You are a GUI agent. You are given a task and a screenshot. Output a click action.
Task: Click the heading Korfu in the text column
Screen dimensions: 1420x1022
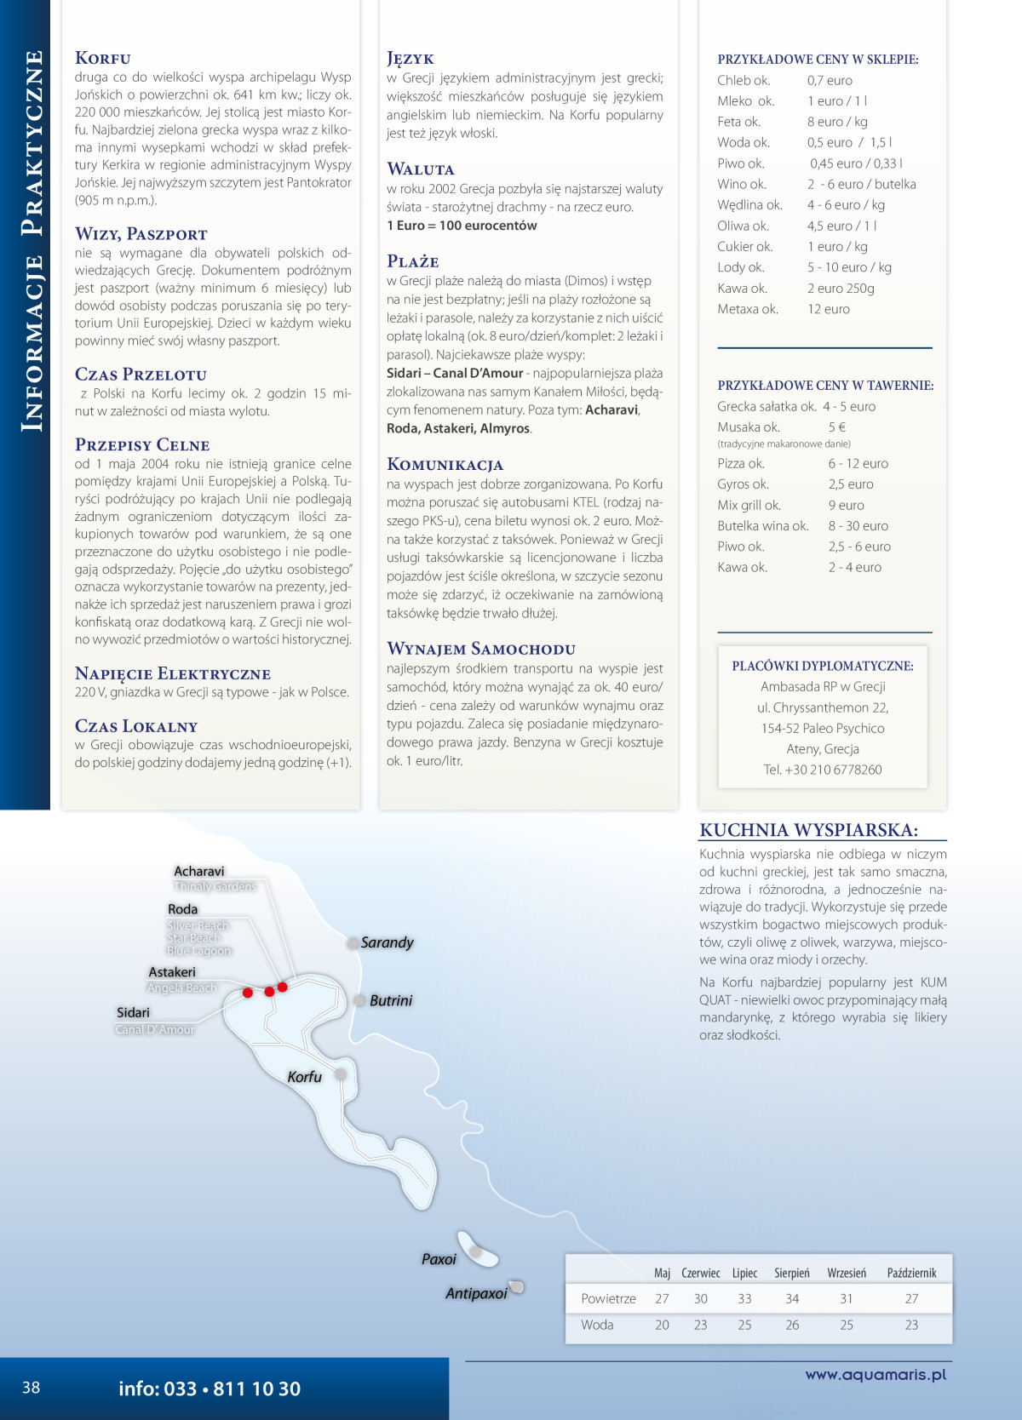[103, 58]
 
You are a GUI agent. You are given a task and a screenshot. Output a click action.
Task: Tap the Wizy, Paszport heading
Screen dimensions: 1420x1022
[141, 234]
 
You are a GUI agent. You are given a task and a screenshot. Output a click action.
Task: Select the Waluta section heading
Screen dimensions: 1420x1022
[421, 169]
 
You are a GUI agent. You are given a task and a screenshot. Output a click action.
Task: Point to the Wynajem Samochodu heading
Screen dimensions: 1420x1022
[481, 649]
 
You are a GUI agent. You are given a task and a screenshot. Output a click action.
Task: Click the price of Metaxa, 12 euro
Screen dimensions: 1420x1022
[829, 309]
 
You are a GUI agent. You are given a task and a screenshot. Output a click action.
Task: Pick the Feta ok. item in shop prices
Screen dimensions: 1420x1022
[739, 122]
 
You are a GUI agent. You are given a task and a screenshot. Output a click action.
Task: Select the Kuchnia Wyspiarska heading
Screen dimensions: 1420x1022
[808, 830]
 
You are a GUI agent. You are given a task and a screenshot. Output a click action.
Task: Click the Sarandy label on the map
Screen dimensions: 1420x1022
[387, 942]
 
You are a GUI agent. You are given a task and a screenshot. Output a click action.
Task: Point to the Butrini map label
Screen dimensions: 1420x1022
[391, 1000]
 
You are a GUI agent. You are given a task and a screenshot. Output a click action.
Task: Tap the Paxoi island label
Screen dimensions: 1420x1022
[439, 1259]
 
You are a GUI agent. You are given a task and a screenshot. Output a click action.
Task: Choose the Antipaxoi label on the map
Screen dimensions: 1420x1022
[476, 1293]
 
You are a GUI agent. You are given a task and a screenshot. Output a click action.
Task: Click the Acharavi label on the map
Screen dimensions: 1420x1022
[199, 871]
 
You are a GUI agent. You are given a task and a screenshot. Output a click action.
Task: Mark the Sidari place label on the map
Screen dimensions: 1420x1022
[133, 1012]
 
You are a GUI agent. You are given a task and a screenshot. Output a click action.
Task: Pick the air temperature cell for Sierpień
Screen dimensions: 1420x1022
[792, 1298]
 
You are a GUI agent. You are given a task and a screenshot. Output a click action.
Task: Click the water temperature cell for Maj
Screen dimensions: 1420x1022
[662, 1325]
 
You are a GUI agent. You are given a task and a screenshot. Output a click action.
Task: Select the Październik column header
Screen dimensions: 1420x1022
[911, 1273]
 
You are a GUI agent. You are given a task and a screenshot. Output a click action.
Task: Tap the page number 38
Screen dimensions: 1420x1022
[32, 1388]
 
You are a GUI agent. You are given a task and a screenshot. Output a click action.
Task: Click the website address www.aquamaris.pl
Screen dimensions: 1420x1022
[876, 1374]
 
